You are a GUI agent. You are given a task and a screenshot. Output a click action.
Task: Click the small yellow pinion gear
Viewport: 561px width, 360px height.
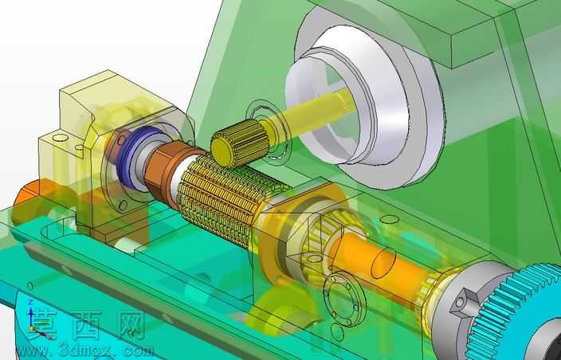240,143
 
